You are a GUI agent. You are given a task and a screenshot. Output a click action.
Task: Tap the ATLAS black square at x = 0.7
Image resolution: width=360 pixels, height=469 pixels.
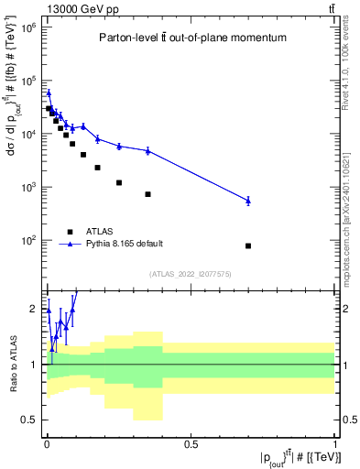pyautogui.click(x=248, y=245)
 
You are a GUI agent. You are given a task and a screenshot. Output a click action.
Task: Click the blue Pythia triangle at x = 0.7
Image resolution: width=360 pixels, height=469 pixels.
pyautogui.click(x=248, y=200)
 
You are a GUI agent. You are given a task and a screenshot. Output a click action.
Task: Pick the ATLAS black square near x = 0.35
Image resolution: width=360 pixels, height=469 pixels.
pyautogui.click(x=147, y=194)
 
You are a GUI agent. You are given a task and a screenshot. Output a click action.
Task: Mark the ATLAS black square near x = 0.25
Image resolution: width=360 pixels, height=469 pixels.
pyautogui.click(x=119, y=182)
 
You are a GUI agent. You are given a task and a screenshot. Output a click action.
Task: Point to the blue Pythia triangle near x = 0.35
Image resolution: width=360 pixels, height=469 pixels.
pyautogui.click(x=147, y=150)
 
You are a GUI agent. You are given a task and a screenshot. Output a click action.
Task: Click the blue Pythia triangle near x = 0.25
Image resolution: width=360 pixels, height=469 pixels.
pyautogui.click(x=119, y=146)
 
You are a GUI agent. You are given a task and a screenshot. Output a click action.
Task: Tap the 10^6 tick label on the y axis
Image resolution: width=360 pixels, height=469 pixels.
pyautogui.click(x=28, y=27)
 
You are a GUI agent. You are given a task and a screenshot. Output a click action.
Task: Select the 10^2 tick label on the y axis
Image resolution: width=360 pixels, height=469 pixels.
pyautogui.click(x=28, y=241)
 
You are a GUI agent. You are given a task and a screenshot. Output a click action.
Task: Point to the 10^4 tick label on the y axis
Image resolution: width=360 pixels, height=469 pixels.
pyautogui.click(x=28, y=134)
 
